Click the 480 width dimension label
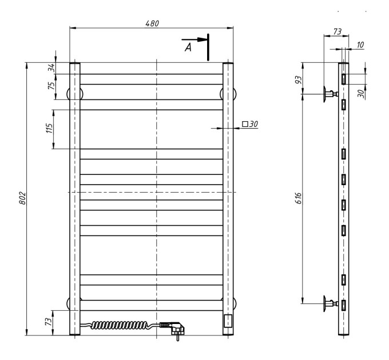152,23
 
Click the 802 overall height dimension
22,198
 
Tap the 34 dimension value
51,67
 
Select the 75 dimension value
51,86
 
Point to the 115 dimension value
49,128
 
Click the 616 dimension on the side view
299,198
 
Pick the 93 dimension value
299,79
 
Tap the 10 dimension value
360,45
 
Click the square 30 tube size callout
250,123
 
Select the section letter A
188,47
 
